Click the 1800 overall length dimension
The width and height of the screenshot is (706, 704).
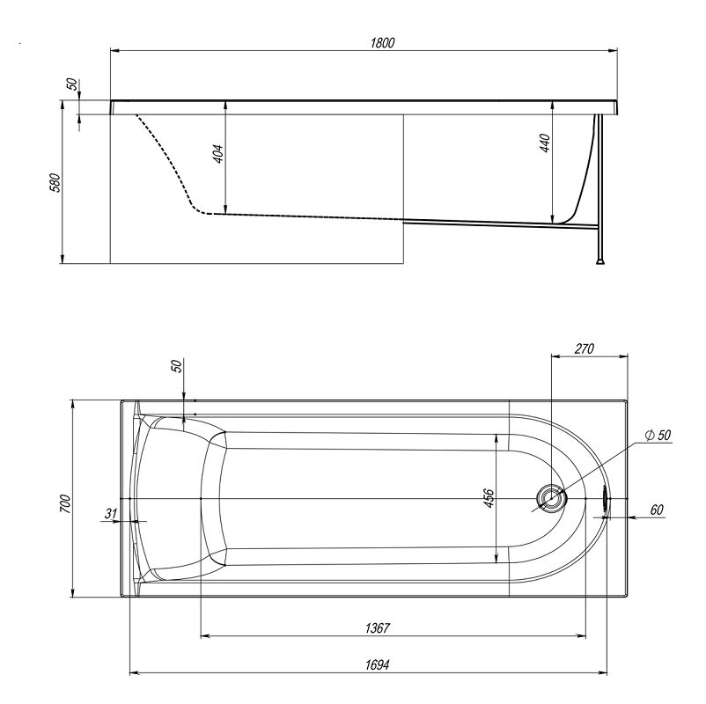(x=382, y=43)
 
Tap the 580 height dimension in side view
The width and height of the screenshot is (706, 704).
(x=55, y=182)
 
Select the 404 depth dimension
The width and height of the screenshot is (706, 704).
(x=218, y=153)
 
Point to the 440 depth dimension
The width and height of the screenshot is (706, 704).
(x=544, y=143)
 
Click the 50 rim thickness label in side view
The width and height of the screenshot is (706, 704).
(x=71, y=84)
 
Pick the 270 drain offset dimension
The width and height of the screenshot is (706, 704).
(x=585, y=348)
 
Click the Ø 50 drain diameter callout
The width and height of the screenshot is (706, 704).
(x=658, y=436)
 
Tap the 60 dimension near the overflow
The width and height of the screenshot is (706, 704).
(x=657, y=510)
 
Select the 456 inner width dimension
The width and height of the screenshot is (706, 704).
(x=489, y=498)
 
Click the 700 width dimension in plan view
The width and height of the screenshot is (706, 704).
(x=65, y=503)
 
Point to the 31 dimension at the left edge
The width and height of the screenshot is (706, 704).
(x=111, y=513)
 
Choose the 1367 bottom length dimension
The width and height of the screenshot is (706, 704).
(x=378, y=628)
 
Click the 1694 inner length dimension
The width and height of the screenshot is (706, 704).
(x=378, y=664)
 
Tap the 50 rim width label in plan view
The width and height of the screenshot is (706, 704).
(x=178, y=366)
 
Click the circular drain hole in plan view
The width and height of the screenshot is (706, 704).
(x=551, y=499)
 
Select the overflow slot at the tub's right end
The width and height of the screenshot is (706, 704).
(x=606, y=499)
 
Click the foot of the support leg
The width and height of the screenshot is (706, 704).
(x=599, y=260)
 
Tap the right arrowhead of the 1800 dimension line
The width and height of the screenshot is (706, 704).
(x=613, y=51)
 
